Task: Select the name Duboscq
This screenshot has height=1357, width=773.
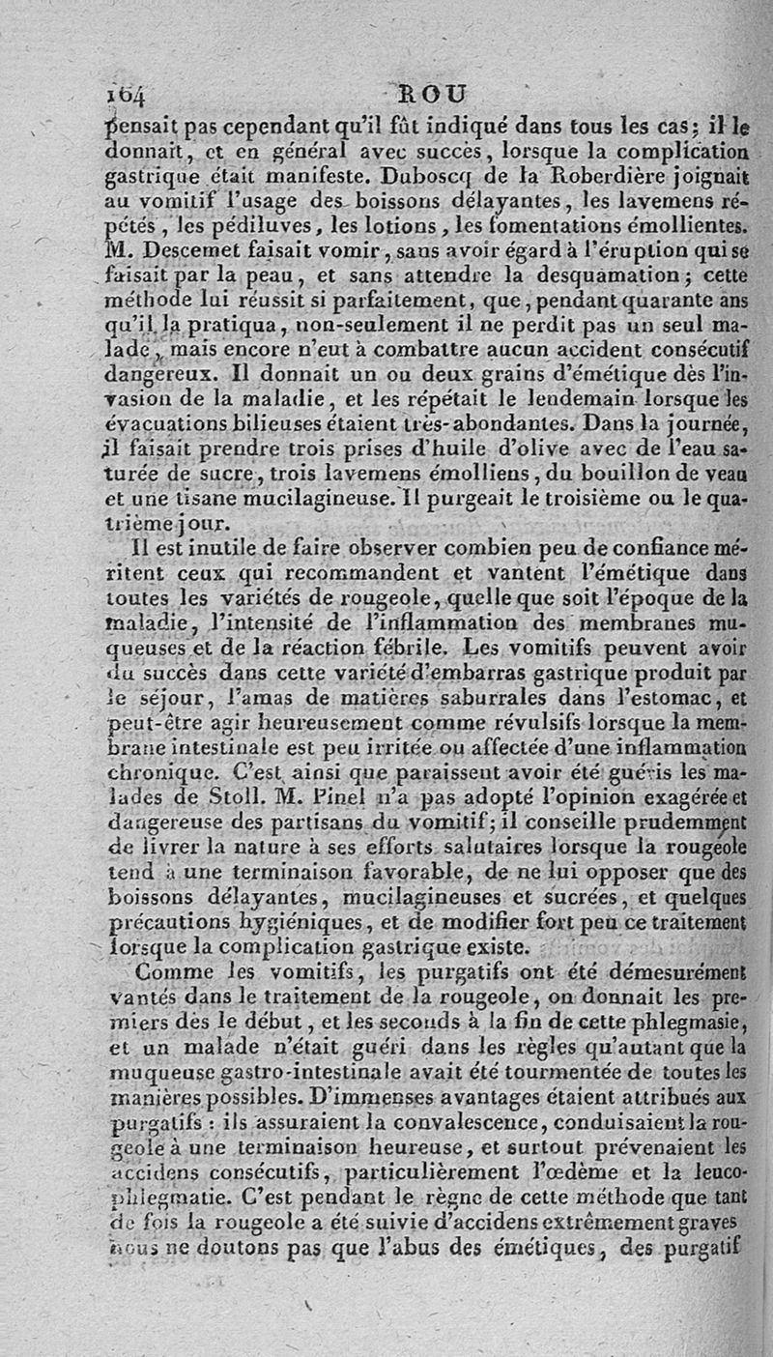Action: point(425,178)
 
